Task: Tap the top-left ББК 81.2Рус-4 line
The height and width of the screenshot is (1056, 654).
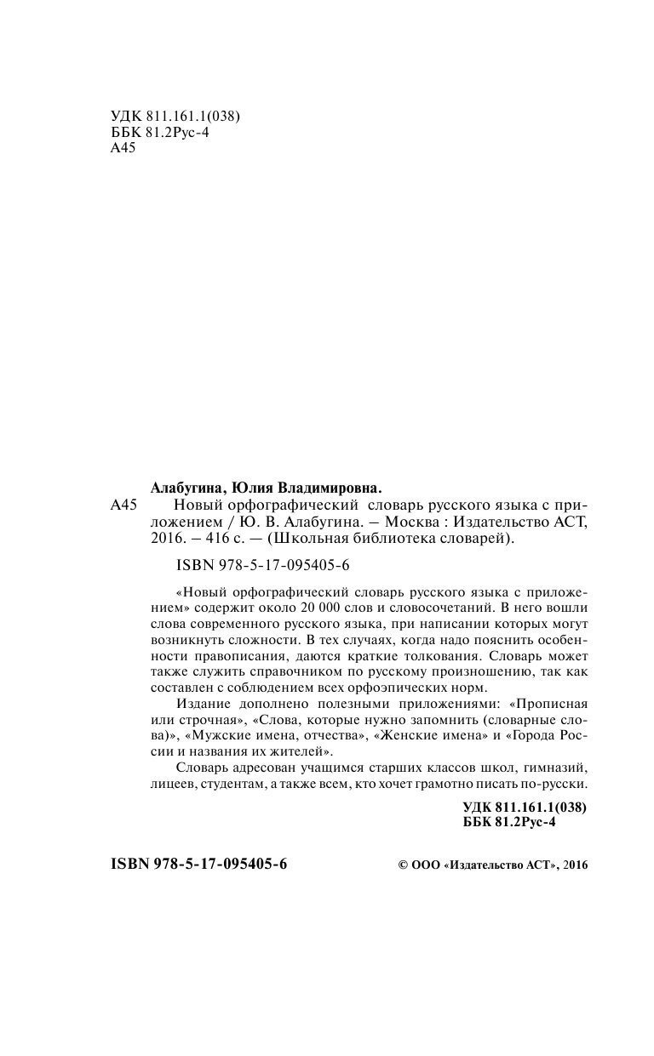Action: [160, 133]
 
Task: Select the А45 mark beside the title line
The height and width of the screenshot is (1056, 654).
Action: [124, 505]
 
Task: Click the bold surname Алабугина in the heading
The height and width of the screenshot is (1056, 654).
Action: [187, 488]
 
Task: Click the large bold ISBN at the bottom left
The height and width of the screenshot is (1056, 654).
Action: [199, 863]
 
